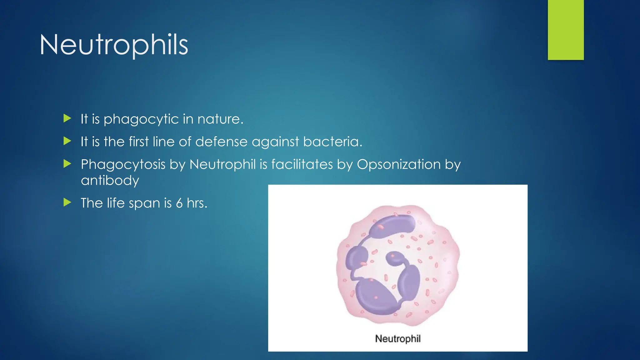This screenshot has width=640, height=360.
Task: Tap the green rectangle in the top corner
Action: pos(565,30)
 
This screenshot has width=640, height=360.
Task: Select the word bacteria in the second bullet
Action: pos(332,142)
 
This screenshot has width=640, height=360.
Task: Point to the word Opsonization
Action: pos(399,164)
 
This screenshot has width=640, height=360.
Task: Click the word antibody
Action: pos(110,181)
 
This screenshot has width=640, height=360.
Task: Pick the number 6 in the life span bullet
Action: pos(179,203)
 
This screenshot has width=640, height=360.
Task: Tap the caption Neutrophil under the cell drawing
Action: pos(397,338)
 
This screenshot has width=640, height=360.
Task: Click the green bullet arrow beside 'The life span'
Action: pos(67,202)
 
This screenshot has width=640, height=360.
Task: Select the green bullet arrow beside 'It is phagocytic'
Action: pos(67,118)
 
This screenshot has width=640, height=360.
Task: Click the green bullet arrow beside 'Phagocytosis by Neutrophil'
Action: pos(67,164)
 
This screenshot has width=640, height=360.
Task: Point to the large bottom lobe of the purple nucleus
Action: pos(375,297)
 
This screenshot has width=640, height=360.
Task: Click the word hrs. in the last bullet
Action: pos(197,203)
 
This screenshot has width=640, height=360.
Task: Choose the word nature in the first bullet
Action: pos(220,119)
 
